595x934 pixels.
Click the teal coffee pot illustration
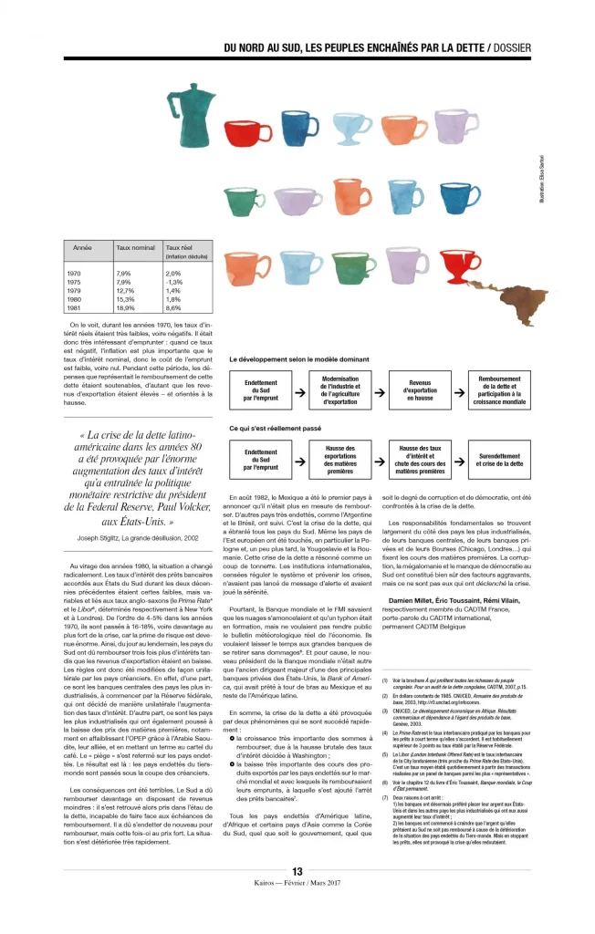point(193,114)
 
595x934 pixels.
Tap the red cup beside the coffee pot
point(247,131)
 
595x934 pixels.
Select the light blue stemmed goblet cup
point(352,130)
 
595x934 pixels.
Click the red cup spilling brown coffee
point(459,265)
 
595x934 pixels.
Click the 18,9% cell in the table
point(125,308)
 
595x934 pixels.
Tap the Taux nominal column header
point(135,247)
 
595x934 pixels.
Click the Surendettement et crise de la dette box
point(499,459)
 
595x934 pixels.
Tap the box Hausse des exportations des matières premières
point(340,459)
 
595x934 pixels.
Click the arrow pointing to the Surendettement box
point(462,459)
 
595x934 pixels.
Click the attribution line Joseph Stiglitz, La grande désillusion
point(125,537)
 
